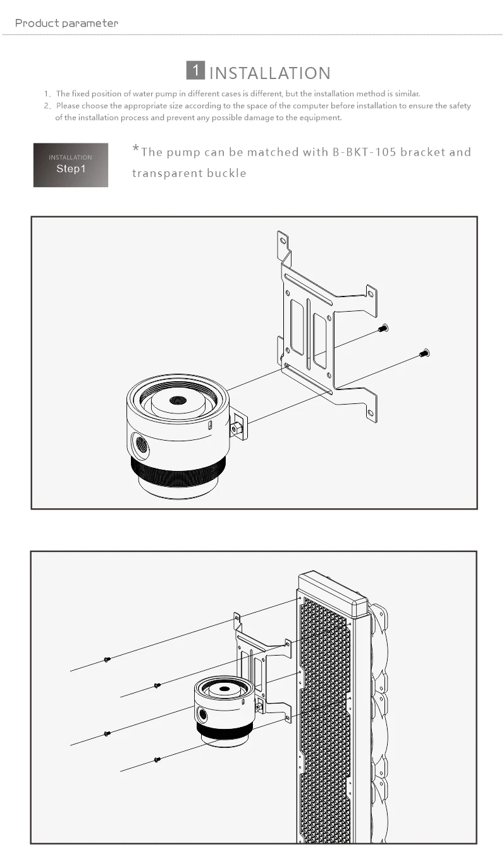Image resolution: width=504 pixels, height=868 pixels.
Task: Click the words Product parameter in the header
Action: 66,23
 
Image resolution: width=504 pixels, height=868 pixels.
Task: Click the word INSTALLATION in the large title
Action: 269,73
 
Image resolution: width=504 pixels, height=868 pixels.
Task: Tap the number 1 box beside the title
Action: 196,70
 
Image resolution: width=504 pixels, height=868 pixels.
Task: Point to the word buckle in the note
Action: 224,173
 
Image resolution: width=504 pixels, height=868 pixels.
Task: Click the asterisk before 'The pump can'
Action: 135,149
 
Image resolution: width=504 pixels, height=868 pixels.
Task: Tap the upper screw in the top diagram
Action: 383,327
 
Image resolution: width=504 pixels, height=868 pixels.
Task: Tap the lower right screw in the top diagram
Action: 424,353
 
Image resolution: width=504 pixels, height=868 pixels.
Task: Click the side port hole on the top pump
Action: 141,444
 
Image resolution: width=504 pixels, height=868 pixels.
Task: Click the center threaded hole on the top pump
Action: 178,400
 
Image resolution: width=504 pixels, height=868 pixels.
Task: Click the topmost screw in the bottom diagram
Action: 107,659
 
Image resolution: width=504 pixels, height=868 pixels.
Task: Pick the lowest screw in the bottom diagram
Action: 157,759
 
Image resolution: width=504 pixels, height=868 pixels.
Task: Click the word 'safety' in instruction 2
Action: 460,106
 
